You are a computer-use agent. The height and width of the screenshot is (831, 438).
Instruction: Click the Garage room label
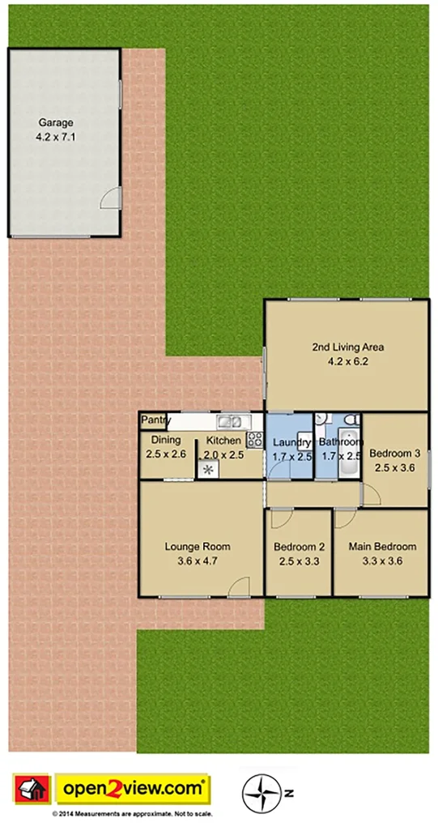55,123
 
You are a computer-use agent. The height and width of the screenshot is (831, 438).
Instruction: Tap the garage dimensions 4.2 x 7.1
55,138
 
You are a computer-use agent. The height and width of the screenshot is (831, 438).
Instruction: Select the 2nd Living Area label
347,347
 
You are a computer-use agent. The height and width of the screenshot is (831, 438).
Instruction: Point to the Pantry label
155,420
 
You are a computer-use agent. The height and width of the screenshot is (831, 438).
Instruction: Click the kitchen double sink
230,421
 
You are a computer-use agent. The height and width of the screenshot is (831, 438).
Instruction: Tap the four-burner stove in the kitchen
254,440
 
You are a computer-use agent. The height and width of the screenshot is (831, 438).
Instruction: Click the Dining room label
166,441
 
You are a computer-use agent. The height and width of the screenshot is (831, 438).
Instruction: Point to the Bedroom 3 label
394,454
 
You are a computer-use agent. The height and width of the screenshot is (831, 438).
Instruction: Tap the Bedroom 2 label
299,546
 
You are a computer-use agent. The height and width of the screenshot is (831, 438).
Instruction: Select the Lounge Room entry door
239,589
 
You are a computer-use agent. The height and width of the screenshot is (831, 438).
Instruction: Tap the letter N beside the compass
287,791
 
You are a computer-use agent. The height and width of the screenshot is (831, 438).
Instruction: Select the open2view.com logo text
133,787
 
